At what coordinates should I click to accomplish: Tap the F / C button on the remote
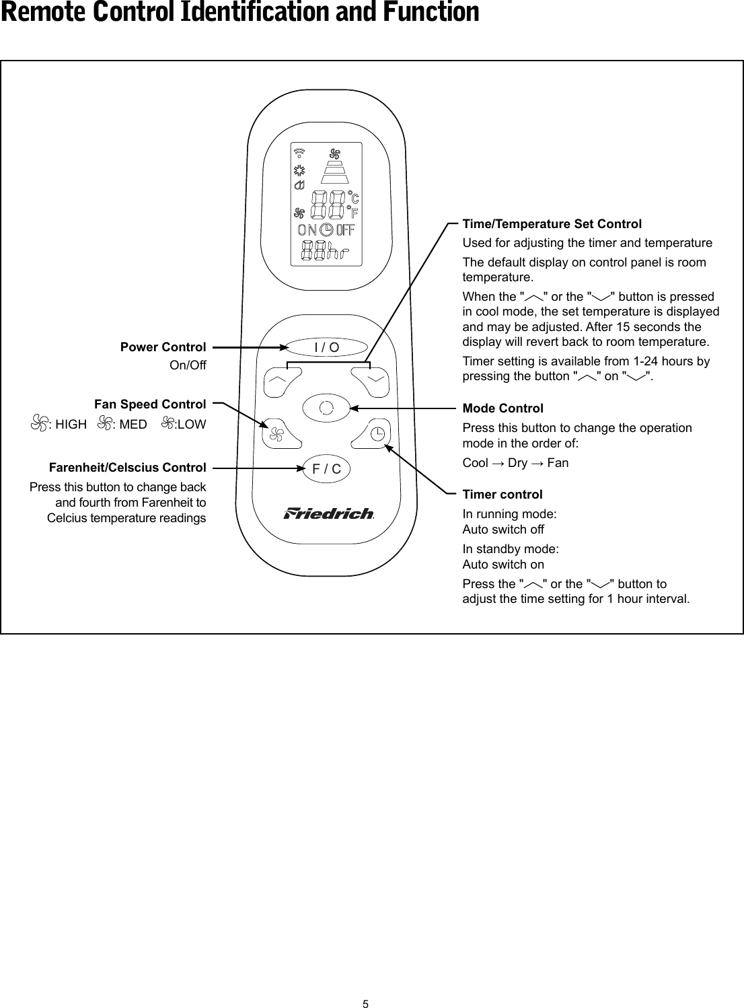[x=327, y=469]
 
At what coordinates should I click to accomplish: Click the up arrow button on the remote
[x=278, y=380]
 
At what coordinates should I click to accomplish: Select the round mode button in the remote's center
[x=327, y=408]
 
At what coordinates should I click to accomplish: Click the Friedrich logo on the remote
[x=328, y=514]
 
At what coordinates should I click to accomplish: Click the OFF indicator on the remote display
[x=345, y=230]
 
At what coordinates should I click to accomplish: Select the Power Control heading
[x=163, y=347]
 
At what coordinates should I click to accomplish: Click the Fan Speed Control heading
[x=150, y=404]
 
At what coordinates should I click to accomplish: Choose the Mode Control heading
[x=503, y=408]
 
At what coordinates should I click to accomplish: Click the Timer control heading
[x=502, y=495]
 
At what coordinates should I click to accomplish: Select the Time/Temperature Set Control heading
[x=552, y=224]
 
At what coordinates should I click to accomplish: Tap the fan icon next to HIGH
[x=40, y=424]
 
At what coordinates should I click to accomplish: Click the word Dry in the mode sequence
[x=517, y=463]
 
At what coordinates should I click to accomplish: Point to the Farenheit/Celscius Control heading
[x=127, y=468]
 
